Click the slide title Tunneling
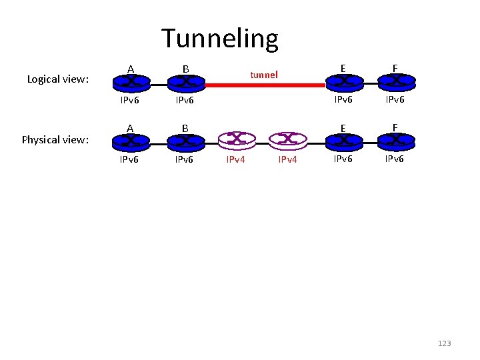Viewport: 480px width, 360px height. click(219, 39)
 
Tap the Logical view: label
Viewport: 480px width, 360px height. click(58, 79)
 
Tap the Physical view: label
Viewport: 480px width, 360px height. click(55, 139)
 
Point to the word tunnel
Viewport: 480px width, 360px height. click(264, 75)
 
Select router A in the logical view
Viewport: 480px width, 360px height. click(131, 82)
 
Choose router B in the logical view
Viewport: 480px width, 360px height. click(185, 82)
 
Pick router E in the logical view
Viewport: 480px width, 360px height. click(343, 82)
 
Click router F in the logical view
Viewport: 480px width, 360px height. click(396, 82)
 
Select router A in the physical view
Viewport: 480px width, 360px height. click(131, 141)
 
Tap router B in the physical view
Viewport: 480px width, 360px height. click(185, 141)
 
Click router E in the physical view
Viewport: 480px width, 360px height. click(343, 141)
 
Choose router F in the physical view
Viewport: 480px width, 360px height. click(396, 141)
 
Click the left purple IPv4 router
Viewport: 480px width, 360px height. click(237, 139)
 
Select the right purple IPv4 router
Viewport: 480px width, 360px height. click(287, 139)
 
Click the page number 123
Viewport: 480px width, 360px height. click(444, 343)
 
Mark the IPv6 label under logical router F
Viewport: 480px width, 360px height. click(396, 101)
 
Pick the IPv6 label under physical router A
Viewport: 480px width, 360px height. click(129, 160)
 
